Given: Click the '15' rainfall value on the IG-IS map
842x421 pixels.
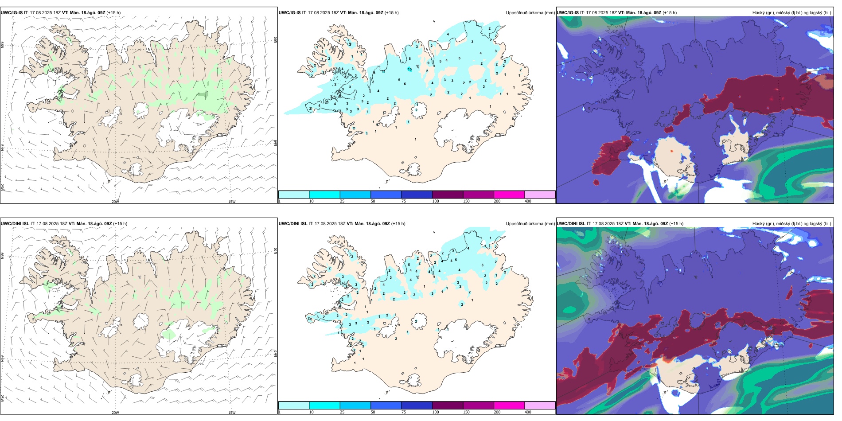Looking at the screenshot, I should (410, 69).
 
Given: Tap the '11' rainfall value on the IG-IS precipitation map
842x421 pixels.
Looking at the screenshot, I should (384, 71).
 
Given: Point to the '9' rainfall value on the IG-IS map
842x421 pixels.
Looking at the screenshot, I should (428, 63).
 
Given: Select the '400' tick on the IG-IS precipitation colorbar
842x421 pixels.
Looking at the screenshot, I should (528, 201).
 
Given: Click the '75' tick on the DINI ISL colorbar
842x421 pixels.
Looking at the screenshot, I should (404, 412).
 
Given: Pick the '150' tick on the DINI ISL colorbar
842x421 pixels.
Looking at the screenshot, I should (466, 412).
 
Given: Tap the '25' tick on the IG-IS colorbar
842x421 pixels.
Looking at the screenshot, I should (342, 201).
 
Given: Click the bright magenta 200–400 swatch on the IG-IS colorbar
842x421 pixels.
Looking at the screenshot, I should (509, 195).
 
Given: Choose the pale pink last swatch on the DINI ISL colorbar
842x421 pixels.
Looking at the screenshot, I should (540, 405).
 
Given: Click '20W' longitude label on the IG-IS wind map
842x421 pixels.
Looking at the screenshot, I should (115, 202).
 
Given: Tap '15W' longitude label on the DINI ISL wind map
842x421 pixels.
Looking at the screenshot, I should (232, 413).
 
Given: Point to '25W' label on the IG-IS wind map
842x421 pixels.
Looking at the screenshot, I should (3, 187).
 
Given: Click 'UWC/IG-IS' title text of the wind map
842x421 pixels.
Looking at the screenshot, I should (12, 13).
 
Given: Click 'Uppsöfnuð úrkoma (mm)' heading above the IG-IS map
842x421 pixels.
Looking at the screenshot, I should (530, 13).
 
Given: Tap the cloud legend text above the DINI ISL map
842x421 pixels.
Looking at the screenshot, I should (791, 224).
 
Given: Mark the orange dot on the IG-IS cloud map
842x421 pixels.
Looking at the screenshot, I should (671, 151).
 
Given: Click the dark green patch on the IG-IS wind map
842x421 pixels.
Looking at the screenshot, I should (203, 94).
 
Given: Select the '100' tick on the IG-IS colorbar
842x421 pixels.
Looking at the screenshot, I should (436, 201).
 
